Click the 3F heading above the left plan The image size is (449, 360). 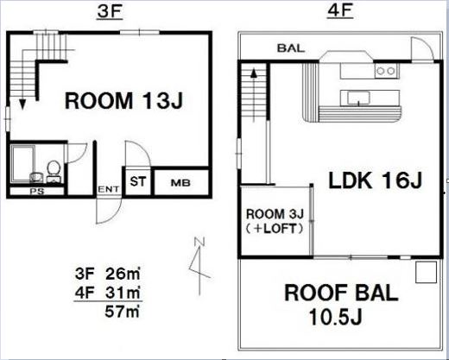coord(111,12)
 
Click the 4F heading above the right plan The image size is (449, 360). coord(340,11)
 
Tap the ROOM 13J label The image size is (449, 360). coord(124,100)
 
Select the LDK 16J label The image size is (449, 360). coord(376,180)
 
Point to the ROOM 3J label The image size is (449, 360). coord(275,214)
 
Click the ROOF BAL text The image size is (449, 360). coord(341,293)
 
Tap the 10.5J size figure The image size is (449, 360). coord(335,317)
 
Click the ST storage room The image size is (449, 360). coord(138,182)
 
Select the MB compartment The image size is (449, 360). coord(180,182)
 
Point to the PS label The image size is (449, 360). coord(37,191)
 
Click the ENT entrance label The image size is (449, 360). coord(109,189)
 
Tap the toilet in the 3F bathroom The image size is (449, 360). coord(54,171)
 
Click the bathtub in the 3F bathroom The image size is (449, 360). coord(23,163)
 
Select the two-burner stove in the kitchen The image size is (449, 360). coord(386,71)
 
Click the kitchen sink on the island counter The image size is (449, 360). coord(358,98)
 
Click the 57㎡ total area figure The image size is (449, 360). coord(123,311)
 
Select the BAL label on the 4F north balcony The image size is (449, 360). coord(291,48)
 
